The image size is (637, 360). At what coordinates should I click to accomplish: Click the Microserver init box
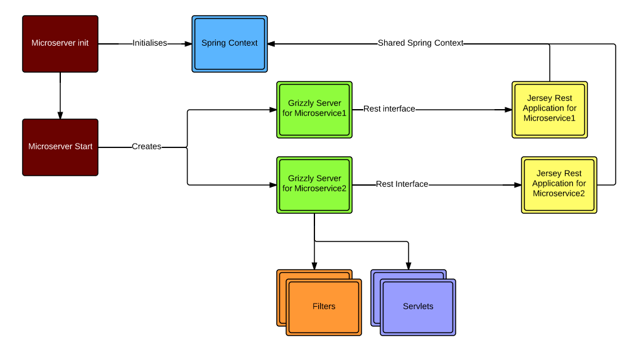[x=60, y=43]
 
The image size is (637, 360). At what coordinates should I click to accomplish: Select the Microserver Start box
[x=60, y=147]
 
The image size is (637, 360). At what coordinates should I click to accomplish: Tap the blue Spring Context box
[x=229, y=43]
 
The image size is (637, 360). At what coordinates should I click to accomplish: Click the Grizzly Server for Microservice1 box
[x=314, y=109]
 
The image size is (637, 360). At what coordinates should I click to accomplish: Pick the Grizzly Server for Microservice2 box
[x=314, y=184]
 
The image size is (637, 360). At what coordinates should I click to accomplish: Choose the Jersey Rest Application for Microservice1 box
[x=550, y=109]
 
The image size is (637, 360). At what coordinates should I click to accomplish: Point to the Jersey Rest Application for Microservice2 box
[x=559, y=184]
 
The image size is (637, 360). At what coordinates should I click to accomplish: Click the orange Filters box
[x=324, y=307]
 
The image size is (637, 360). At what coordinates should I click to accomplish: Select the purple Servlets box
[x=418, y=307]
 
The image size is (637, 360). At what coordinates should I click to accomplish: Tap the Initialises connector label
[x=149, y=43]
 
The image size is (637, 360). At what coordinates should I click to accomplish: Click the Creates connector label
[x=146, y=147]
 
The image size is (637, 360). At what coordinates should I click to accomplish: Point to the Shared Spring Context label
[x=420, y=43]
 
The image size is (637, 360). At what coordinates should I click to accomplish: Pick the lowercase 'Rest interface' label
[x=389, y=109]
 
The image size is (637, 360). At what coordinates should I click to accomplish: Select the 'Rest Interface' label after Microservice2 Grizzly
[x=402, y=184]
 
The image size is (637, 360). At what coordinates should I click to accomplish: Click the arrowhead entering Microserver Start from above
[x=60, y=115]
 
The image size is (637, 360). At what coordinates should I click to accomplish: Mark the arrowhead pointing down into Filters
[x=314, y=266]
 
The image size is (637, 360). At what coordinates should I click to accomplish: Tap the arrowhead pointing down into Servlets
[x=409, y=266]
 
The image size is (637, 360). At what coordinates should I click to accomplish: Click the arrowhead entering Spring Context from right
[x=272, y=43]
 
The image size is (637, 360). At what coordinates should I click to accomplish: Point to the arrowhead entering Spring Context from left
[x=187, y=43]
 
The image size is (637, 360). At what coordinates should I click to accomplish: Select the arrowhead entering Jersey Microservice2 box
[x=517, y=185]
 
